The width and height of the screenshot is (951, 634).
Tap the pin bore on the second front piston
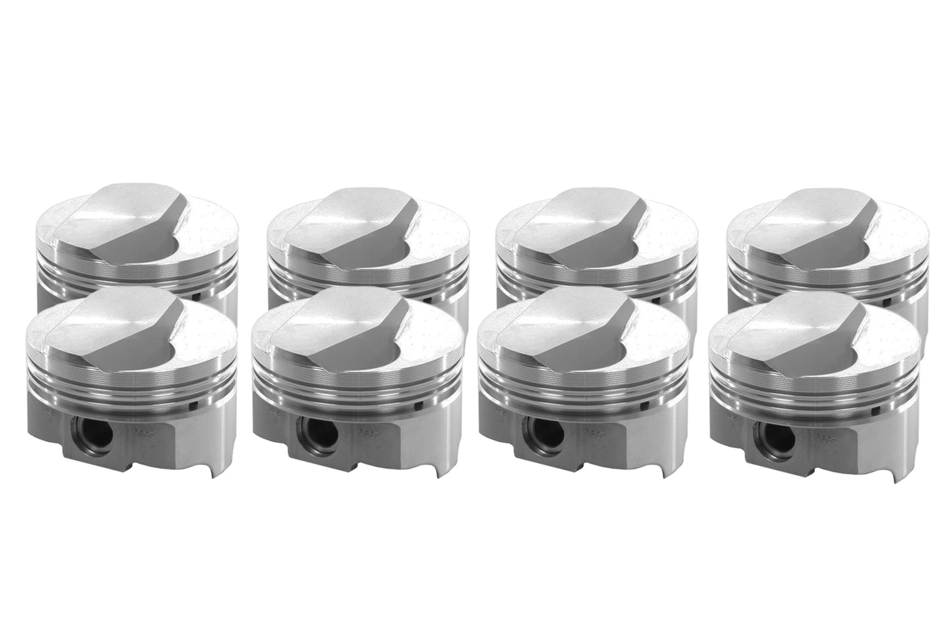[x=309, y=435]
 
